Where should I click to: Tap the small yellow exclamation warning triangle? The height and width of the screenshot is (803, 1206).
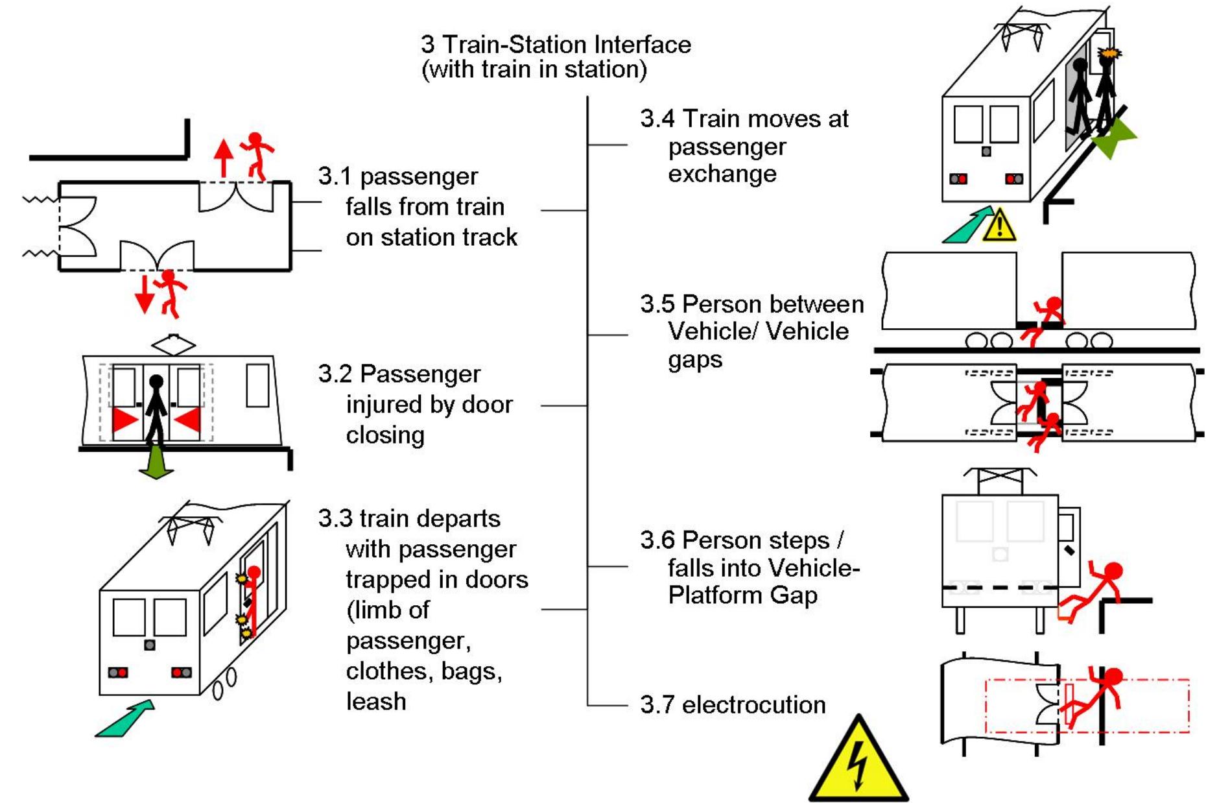pyautogui.click(x=1000, y=226)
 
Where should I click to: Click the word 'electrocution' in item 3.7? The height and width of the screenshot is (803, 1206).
pyautogui.click(x=753, y=704)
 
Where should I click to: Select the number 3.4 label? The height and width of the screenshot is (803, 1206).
pyautogui.click(x=657, y=119)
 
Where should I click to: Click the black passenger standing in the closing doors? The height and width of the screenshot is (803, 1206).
pyautogui.click(x=156, y=409)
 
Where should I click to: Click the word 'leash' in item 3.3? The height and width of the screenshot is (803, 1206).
pyautogui.click(x=376, y=701)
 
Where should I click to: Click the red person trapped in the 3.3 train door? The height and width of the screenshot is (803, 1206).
pyautogui.click(x=252, y=600)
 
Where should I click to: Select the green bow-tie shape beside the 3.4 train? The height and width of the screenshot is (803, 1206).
pyautogui.click(x=1115, y=138)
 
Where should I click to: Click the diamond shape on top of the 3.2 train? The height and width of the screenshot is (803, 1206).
pyautogui.click(x=173, y=344)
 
